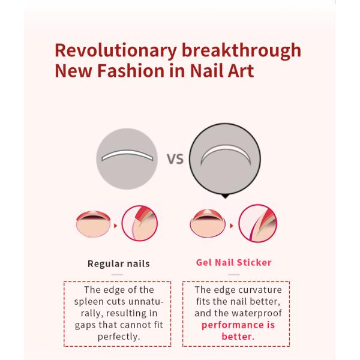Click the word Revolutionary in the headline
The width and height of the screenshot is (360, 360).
(x=106, y=49)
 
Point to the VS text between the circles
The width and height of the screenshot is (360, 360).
(x=175, y=160)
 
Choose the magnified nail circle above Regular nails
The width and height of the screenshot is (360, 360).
(x=139, y=224)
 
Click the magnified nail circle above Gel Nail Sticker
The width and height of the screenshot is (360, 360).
(x=257, y=224)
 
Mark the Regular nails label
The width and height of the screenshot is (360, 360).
(x=118, y=263)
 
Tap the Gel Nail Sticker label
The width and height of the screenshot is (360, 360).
(x=233, y=262)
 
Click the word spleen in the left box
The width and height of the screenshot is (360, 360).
(x=89, y=302)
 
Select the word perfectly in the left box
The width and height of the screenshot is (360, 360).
(x=118, y=337)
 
